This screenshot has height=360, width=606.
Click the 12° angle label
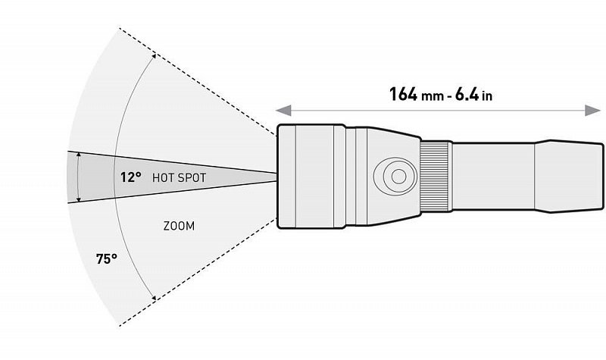[x=130, y=177]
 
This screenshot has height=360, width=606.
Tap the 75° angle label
[x=107, y=258]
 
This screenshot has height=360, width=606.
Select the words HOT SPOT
[x=179, y=178]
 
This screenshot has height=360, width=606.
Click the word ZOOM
[x=179, y=226]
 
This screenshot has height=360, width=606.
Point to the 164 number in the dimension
[x=404, y=94]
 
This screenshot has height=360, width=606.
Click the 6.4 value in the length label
[x=467, y=94]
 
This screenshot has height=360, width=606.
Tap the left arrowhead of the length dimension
[x=283, y=111]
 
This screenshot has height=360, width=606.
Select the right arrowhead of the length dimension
[x=592, y=111]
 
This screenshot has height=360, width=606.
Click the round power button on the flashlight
[x=395, y=177]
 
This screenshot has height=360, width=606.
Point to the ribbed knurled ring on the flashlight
[x=436, y=177]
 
